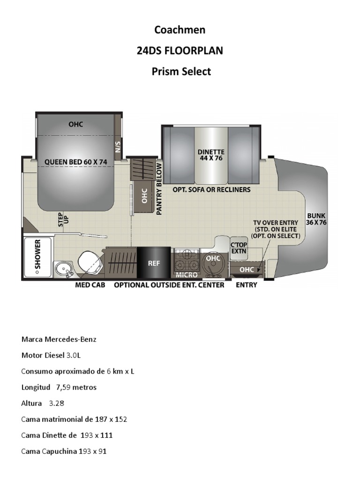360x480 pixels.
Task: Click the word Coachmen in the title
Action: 180,30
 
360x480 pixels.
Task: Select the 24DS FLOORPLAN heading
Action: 180,51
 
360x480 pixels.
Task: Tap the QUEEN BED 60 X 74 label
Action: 76,162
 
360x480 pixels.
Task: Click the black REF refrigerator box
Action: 154,263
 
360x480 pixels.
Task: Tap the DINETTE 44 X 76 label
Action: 211,155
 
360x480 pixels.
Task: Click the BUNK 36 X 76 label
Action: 316,219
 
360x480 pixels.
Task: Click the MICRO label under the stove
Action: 187,275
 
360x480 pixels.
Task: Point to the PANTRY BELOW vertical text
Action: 159,189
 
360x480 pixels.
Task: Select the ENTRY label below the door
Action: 246,285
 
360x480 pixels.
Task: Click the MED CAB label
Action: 90,285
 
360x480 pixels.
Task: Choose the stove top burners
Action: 187,259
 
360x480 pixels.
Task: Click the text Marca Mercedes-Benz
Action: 59,339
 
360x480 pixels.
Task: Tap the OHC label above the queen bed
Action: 75,124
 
